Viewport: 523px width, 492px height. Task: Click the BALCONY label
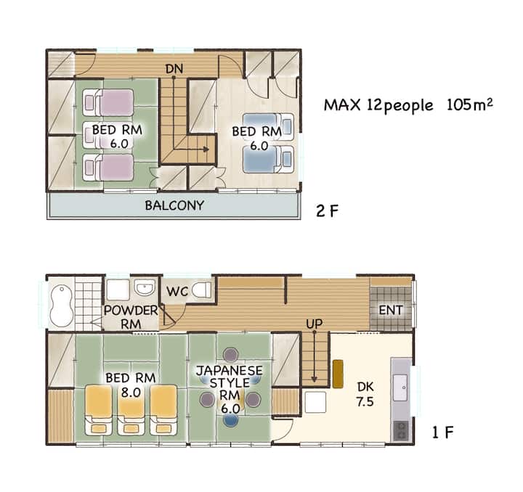click(x=174, y=205)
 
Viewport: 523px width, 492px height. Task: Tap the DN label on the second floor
click(x=174, y=69)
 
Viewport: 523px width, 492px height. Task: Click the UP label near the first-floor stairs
click(x=315, y=324)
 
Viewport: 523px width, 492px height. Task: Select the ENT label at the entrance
click(x=391, y=310)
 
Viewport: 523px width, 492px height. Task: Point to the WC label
click(x=177, y=292)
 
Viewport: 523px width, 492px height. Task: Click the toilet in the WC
click(x=202, y=290)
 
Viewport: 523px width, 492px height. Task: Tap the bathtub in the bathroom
click(x=62, y=306)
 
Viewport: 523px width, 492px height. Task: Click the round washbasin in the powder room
click(x=145, y=287)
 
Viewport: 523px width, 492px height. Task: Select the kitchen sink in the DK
click(x=400, y=388)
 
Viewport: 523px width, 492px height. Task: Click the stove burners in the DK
click(x=400, y=430)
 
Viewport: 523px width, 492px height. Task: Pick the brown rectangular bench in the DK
click(x=338, y=374)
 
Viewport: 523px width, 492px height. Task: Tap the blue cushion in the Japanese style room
click(x=231, y=420)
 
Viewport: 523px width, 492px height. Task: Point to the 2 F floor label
click(x=327, y=211)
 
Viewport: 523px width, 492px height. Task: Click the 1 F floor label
click(x=442, y=432)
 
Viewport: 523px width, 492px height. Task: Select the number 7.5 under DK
click(x=365, y=402)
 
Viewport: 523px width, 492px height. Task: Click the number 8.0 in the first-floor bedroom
click(x=131, y=393)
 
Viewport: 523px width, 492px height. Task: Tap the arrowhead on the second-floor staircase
click(x=206, y=149)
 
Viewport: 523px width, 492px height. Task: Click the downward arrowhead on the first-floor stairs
click(x=315, y=380)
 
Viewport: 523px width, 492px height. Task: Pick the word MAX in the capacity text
click(x=342, y=105)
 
